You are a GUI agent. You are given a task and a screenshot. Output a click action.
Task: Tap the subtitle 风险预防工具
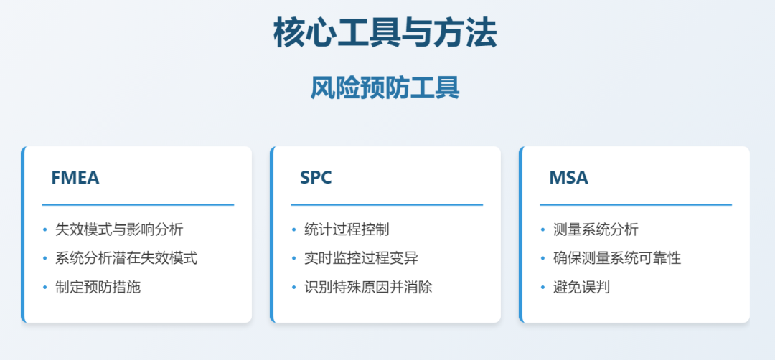click(385, 88)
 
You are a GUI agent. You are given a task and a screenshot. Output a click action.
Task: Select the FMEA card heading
click(75, 178)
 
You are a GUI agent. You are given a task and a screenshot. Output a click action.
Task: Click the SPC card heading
click(316, 178)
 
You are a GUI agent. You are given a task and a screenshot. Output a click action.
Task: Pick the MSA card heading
click(568, 178)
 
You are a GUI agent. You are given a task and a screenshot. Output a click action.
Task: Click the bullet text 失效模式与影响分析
click(119, 229)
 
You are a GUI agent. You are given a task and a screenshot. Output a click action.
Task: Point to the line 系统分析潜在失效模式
click(126, 258)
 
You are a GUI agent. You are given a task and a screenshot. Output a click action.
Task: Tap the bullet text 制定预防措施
click(98, 287)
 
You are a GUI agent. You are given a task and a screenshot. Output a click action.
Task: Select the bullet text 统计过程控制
click(347, 229)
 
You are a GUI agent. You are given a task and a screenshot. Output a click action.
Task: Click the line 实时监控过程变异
click(361, 258)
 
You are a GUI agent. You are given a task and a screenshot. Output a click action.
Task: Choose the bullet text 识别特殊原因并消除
click(368, 287)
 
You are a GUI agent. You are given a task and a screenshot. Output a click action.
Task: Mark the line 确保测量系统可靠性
click(617, 258)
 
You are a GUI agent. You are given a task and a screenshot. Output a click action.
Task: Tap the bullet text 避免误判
click(582, 287)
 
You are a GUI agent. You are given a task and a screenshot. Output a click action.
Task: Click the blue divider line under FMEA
click(138, 204)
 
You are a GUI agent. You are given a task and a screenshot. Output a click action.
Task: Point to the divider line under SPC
click(387, 204)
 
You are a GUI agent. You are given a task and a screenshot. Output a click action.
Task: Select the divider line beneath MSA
click(636, 204)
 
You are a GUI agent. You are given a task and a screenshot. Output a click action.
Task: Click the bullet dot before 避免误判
click(542, 287)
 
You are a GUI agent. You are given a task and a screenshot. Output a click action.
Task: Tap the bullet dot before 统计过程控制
click(293, 229)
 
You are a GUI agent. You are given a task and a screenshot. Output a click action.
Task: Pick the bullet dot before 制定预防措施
click(44, 287)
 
